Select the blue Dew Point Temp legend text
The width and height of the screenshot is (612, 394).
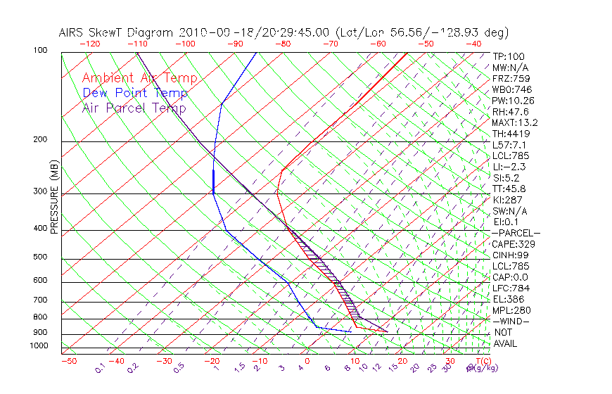[x=135, y=93]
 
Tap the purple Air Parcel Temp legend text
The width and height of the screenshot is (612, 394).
[x=134, y=108]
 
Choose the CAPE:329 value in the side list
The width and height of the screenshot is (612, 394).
[x=514, y=244]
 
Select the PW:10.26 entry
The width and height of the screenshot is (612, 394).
[x=513, y=101]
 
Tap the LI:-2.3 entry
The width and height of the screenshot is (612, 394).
[x=509, y=167]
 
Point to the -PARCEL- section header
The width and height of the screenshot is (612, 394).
[x=516, y=233]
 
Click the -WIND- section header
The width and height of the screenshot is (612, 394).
[x=511, y=322]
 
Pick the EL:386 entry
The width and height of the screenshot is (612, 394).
[x=508, y=299]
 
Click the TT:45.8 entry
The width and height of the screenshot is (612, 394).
[x=509, y=189]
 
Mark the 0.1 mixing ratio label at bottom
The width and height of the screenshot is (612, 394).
[x=100, y=367]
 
